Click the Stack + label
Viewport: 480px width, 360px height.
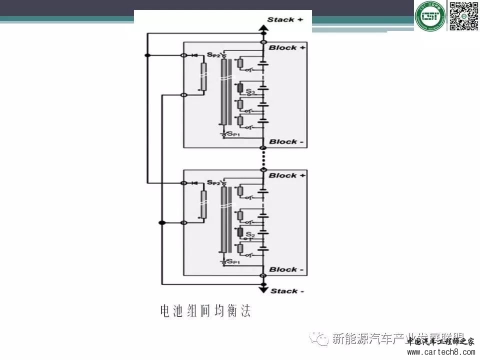point(285,20)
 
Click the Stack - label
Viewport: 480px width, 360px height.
point(283,291)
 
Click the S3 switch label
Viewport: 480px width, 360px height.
point(250,91)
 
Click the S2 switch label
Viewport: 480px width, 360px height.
point(250,234)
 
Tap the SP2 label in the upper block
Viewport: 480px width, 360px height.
point(213,53)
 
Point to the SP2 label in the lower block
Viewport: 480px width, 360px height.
point(213,182)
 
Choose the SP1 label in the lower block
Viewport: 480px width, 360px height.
point(233,262)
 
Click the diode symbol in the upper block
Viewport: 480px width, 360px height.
point(193,54)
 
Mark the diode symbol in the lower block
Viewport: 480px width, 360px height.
point(193,183)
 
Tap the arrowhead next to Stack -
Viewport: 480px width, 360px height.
point(262,287)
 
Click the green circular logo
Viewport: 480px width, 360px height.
point(429,16)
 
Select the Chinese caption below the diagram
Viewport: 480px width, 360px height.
point(205,311)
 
